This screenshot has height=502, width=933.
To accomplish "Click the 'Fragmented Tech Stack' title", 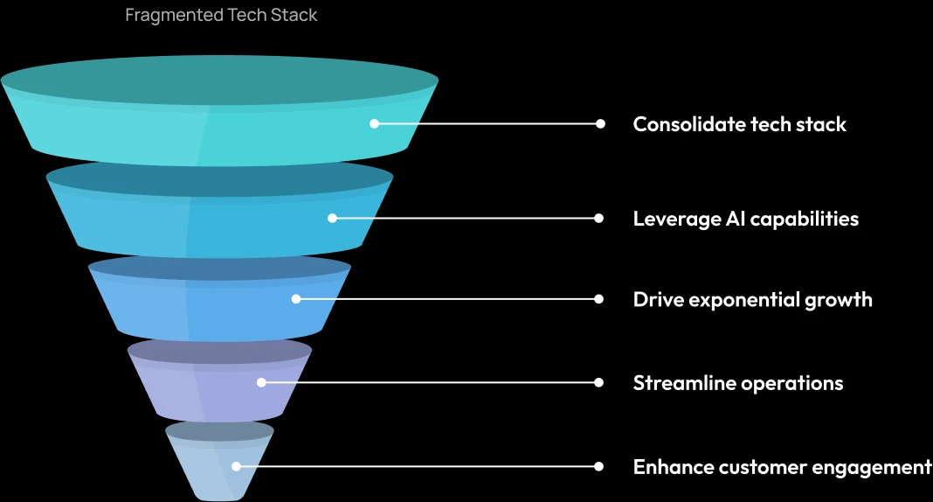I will (x=221, y=16).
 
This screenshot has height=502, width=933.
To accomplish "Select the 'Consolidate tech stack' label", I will (x=739, y=124).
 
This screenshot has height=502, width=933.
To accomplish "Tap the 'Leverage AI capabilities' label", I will (x=745, y=219).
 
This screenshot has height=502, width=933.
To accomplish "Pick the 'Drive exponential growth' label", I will (x=752, y=300).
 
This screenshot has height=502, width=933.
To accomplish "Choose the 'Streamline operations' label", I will (x=737, y=383).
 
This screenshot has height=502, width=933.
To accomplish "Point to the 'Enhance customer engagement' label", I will (x=782, y=467).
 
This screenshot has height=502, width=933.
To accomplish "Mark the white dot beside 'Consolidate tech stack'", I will (x=600, y=124).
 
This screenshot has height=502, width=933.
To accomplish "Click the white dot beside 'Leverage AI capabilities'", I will (x=599, y=218).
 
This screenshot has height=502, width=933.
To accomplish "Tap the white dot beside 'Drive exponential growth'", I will (x=599, y=299).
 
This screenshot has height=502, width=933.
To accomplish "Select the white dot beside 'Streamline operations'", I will (x=599, y=382).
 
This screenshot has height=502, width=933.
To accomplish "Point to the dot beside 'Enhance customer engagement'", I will (x=599, y=467).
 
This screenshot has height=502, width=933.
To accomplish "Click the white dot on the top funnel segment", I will (x=374, y=124).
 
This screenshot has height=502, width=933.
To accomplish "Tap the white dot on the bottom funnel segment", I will (x=236, y=467).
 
